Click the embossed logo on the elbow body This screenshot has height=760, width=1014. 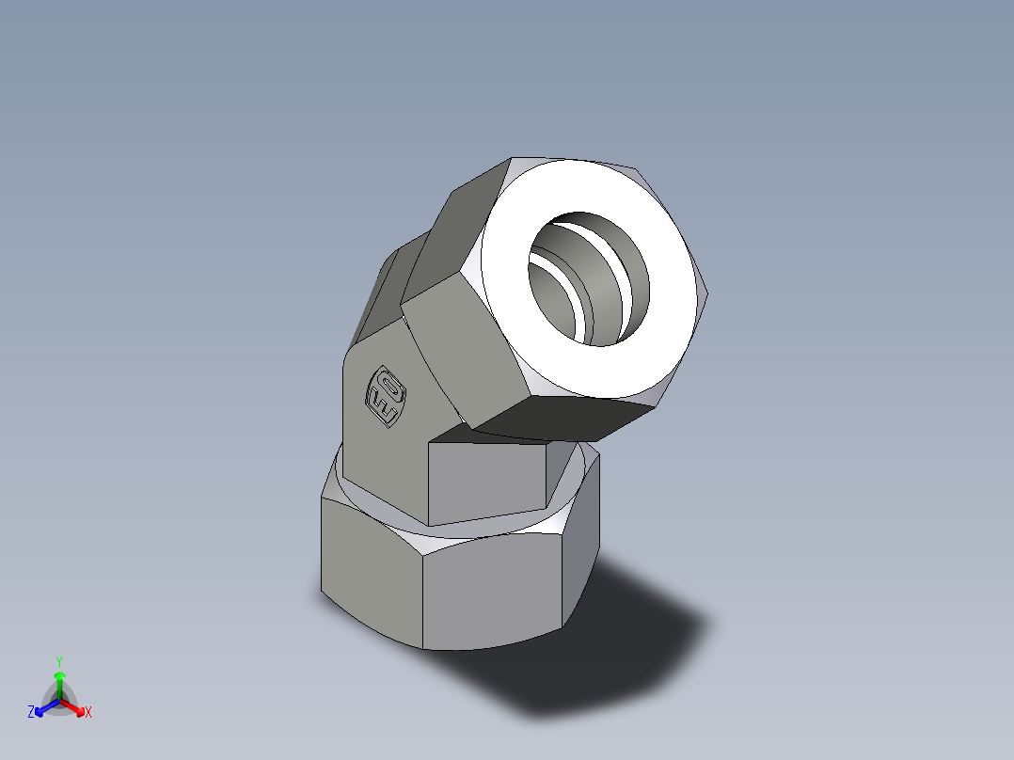pos(387,395)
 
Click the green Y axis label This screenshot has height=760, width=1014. pos(58,661)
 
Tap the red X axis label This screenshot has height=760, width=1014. pos(87,712)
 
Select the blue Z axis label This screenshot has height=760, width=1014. pos(31,712)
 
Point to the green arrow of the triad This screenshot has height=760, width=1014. pos(58,681)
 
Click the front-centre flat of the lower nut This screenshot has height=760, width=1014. pos(494,593)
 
